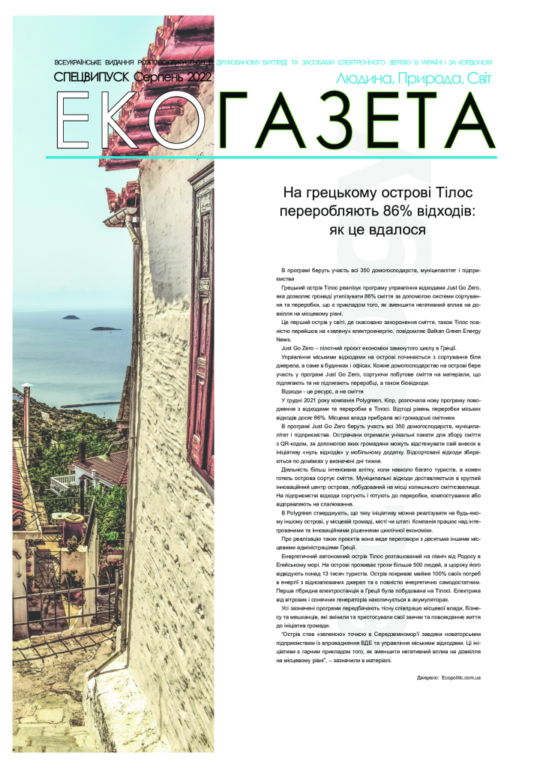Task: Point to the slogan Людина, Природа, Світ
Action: click(415, 78)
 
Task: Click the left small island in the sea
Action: click(70, 316)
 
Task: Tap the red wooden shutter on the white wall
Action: click(201, 315)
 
